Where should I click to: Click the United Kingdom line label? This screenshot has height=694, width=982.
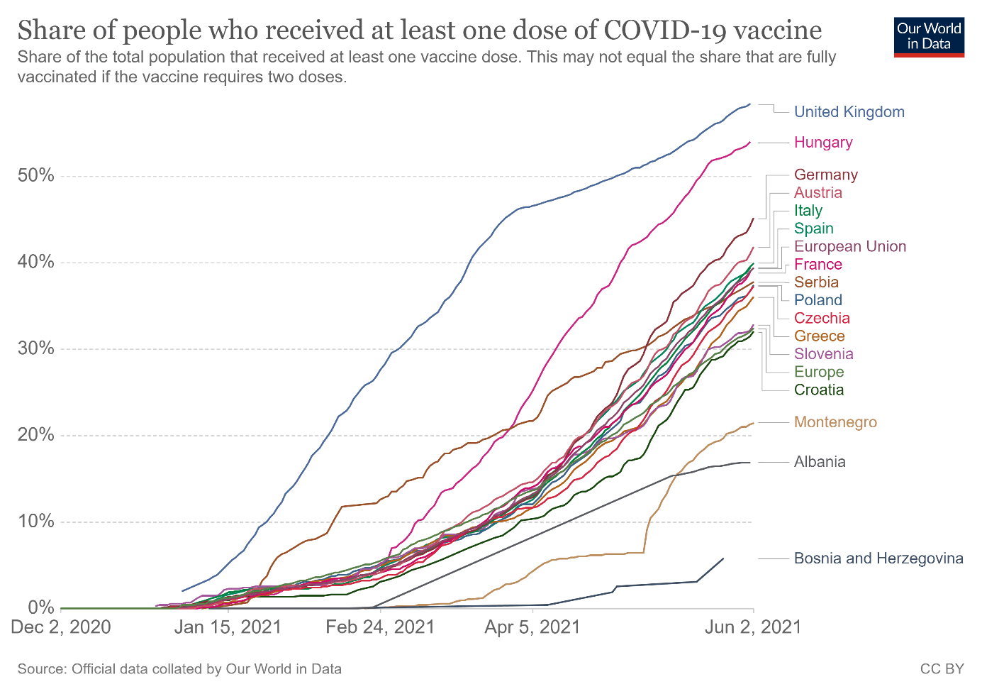tap(849, 112)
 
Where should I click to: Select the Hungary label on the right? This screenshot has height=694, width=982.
tap(822, 143)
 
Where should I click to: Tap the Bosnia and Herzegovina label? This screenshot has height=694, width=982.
tap(878, 558)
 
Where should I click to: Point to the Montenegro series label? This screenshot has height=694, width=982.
tap(835, 422)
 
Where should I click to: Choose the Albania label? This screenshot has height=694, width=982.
tap(820, 462)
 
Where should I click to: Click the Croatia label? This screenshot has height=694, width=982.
tap(819, 390)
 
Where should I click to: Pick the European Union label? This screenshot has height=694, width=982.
tap(849, 246)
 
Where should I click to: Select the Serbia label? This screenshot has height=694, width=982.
tap(816, 282)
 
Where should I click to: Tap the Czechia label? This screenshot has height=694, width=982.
tap(822, 318)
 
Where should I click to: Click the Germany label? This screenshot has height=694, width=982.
tap(825, 175)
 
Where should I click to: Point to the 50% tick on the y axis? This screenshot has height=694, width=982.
tap(35, 175)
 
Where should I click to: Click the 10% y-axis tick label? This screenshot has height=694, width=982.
tap(35, 522)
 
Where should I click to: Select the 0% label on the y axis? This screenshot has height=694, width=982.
tap(41, 607)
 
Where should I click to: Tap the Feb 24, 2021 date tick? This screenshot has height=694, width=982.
tap(380, 627)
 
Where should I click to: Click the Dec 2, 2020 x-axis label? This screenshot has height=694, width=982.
tap(61, 627)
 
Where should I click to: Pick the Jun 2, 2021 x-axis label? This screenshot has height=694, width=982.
tap(753, 627)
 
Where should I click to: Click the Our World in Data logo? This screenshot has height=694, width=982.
tap(929, 37)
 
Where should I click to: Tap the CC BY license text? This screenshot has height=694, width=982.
tap(942, 669)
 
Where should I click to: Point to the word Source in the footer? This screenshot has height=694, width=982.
tap(40, 669)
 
